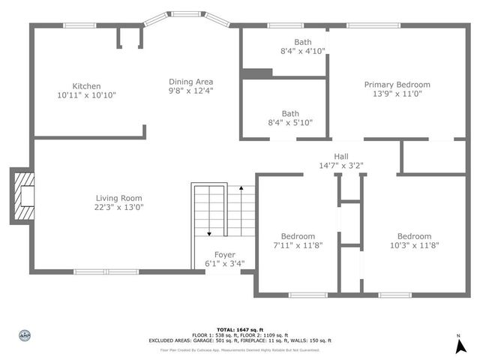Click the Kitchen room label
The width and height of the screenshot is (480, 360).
tap(86, 86)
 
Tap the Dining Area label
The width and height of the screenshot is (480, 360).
tap(190, 82)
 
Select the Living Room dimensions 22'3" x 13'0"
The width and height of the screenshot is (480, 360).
tap(118, 207)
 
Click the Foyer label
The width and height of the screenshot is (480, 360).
tap(225, 254)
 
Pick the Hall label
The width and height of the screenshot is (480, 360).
tap(341, 156)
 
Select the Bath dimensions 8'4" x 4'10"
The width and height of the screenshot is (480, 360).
tap(303, 52)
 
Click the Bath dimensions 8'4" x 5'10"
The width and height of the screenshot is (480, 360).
tap(290, 123)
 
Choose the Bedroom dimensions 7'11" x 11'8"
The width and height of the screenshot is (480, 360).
tap(298, 245)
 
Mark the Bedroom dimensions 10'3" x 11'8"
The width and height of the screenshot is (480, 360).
tap(414, 245)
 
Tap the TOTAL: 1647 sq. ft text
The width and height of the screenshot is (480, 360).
tap(240, 329)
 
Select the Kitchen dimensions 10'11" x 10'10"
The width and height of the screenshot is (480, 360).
tap(86, 95)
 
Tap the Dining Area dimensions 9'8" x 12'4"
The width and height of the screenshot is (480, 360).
tap(190, 91)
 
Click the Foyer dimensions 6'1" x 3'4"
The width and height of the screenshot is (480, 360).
tap(225, 263)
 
